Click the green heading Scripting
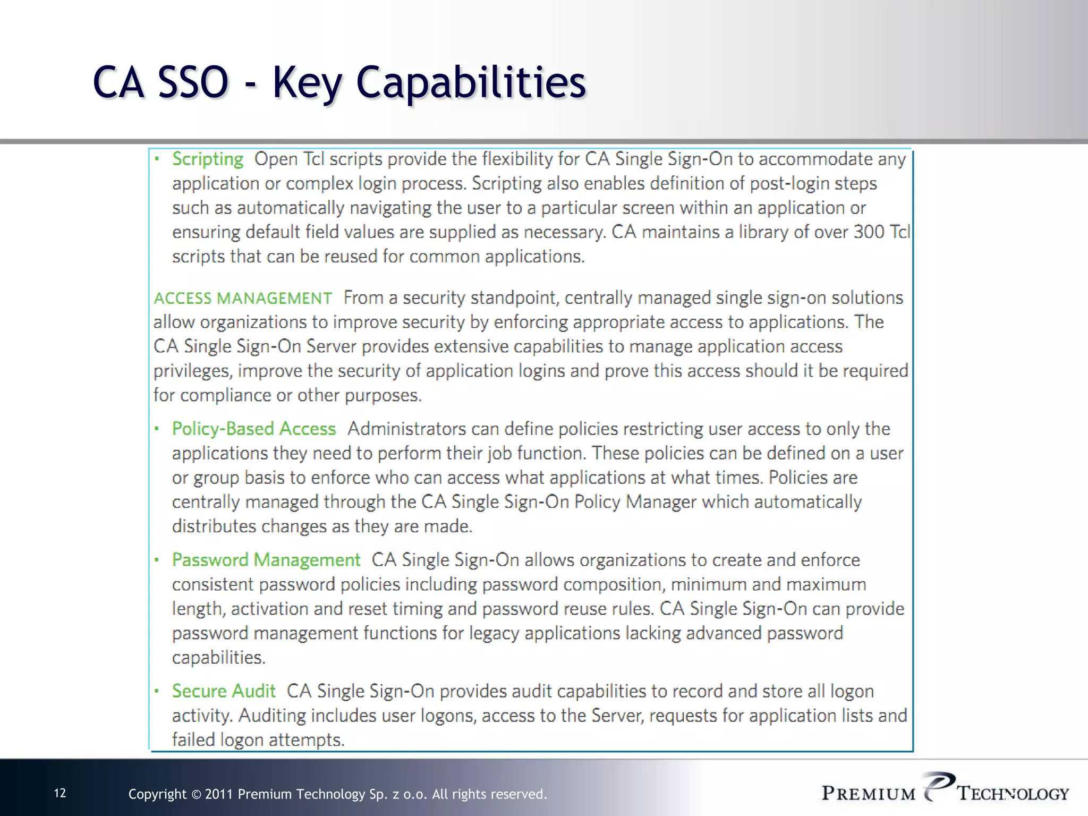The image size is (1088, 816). tap(208, 159)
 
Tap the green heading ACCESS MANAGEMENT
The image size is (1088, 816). tap(243, 298)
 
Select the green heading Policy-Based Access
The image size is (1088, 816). tap(254, 429)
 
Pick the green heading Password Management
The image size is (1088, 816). tap(266, 560)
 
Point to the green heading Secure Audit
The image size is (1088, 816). tap(224, 691)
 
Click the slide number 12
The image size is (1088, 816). tap(60, 793)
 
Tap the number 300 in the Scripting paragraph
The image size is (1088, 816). tap(869, 232)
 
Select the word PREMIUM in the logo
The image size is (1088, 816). tap(869, 794)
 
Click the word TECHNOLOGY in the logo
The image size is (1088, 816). tap(1013, 794)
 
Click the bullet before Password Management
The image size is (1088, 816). tap(157, 560)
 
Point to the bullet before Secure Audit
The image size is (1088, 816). tap(157, 691)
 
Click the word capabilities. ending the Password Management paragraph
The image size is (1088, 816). tap(218, 658)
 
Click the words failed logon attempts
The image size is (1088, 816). tap(258, 739)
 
